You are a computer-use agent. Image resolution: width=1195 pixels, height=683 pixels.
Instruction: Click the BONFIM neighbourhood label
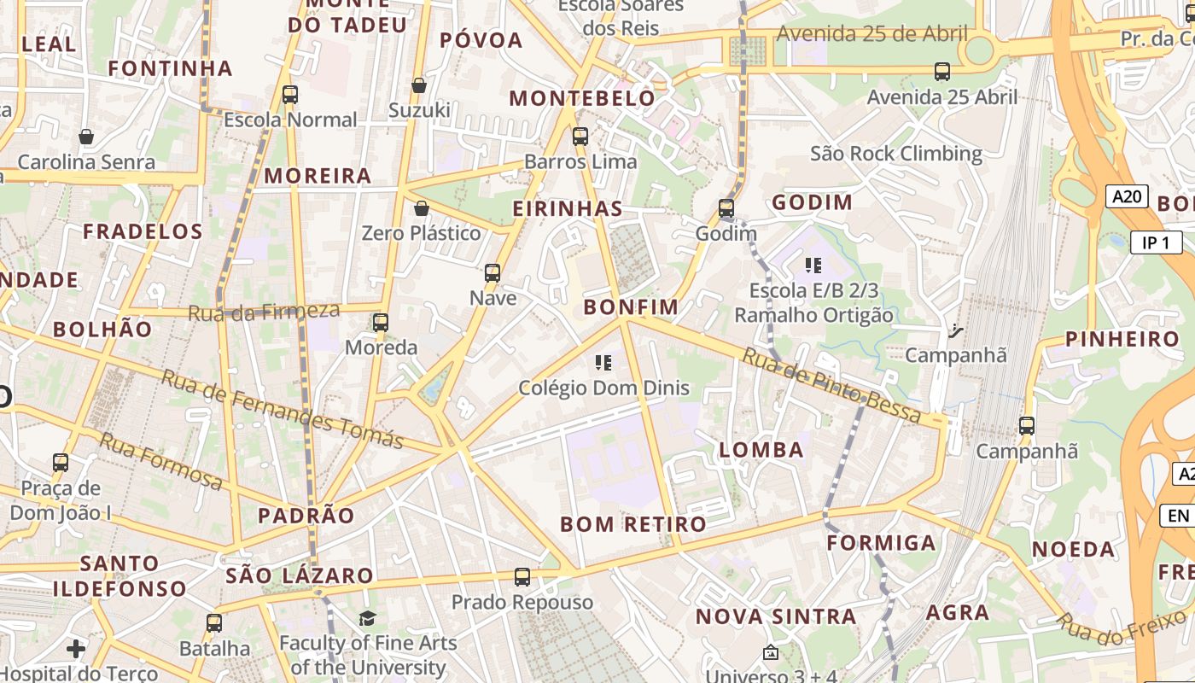(x=631, y=307)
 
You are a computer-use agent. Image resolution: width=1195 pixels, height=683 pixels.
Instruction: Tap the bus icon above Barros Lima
(x=580, y=136)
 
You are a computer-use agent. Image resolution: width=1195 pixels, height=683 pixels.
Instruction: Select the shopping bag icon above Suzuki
(x=419, y=85)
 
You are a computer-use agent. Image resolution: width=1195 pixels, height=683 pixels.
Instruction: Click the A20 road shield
(x=1127, y=196)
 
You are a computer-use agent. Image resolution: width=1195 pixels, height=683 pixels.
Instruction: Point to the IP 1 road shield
(x=1156, y=242)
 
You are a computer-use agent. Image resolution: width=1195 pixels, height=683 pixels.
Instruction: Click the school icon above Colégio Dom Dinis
(x=604, y=363)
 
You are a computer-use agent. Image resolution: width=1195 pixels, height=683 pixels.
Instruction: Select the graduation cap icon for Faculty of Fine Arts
(x=367, y=618)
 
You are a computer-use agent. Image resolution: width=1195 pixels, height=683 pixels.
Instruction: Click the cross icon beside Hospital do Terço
(x=76, y=649)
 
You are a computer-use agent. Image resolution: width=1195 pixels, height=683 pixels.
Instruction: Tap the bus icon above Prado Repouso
(x=522, y=577)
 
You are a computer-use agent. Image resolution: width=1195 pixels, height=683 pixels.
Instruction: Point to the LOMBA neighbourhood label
(x=761, y=450)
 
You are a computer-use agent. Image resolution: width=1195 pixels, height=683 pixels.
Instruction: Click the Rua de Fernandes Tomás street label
(x=282, y=410)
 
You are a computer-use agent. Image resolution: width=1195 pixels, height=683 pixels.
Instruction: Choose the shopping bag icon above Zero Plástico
(x=421, y=208)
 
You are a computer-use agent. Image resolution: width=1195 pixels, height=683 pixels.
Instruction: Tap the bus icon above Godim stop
(x=726, y=208)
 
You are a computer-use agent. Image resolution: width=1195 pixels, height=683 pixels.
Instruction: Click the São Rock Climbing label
(x=895, y=154)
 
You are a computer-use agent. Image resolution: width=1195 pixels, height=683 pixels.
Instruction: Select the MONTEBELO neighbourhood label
(x=582, y=98)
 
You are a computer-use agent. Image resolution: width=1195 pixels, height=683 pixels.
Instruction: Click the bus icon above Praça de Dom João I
(x=61, y=463)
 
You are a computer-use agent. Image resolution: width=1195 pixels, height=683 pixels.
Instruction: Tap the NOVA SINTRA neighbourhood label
(x=775, y=616)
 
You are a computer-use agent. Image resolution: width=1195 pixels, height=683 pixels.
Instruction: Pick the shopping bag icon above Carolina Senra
(x=86, y=137)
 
